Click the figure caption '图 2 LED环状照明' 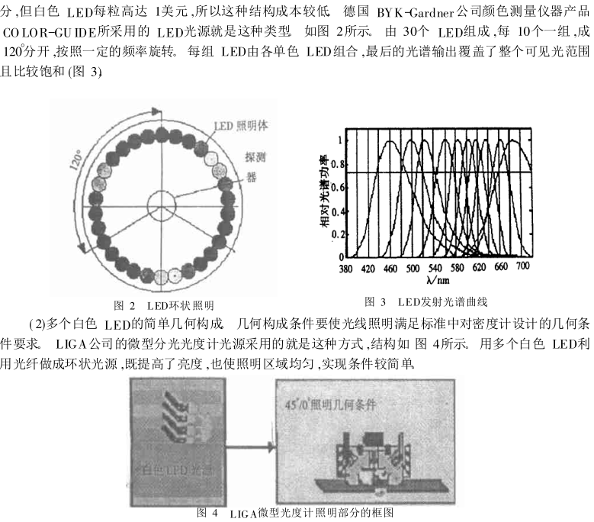coord(163,304)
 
